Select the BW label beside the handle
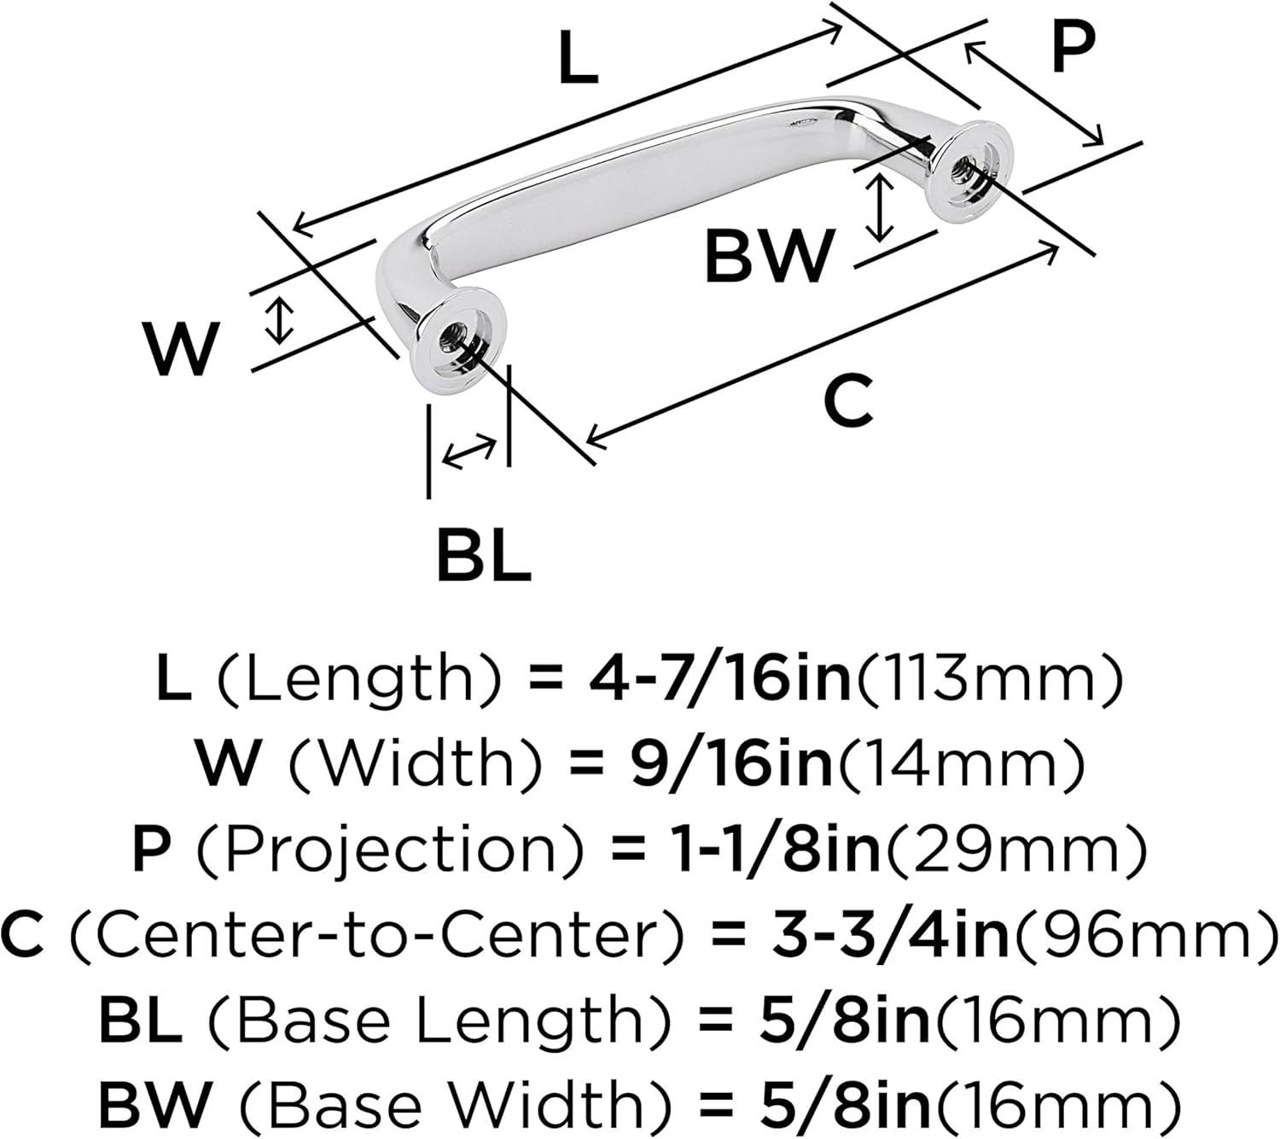768,257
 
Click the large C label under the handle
848,401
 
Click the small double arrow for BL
468,450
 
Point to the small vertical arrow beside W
279,322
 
